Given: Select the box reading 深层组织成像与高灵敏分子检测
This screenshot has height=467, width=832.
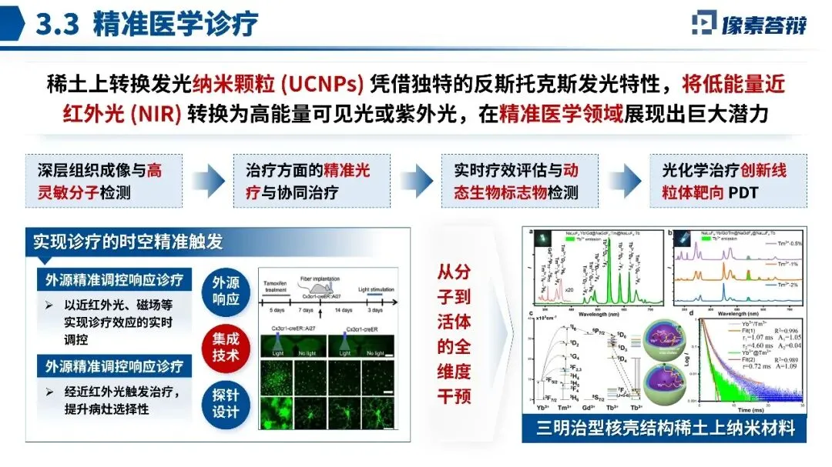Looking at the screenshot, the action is tap(100, 181).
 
